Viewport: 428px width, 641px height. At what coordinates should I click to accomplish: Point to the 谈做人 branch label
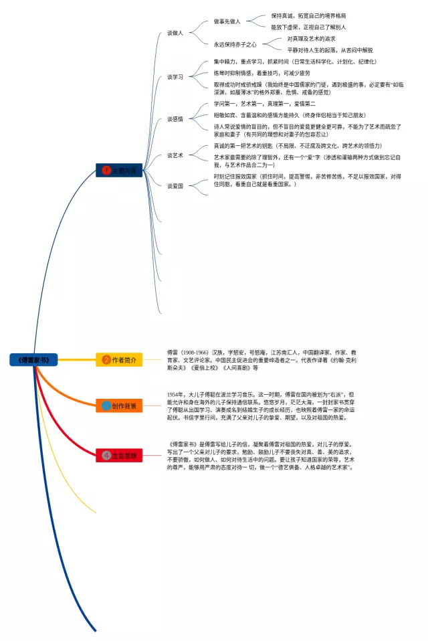click(175, 33)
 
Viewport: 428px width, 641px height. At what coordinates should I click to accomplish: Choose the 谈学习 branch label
click(175, 77)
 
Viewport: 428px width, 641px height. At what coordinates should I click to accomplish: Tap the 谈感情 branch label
click(175, 118)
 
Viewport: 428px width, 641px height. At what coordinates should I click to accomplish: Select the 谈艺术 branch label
click(175, 155)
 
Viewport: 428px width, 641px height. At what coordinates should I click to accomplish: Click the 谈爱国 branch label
click(175, 186)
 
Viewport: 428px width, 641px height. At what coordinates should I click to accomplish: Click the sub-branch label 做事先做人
click(227, 21)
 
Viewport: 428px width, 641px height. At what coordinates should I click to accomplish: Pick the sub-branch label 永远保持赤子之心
click(235, 44)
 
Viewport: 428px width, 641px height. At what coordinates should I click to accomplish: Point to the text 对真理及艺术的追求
click(311, 39)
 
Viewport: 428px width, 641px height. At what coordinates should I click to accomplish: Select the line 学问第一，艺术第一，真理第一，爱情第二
click(264, 104)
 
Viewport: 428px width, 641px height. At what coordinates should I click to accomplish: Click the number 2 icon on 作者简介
click(106, 359)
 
